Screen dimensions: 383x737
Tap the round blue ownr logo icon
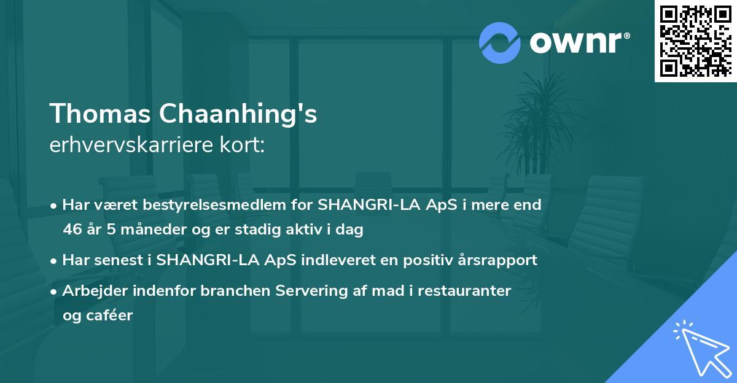(499, 42)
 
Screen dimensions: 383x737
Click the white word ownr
(578, 42)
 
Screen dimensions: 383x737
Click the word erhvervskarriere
(130, 145)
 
